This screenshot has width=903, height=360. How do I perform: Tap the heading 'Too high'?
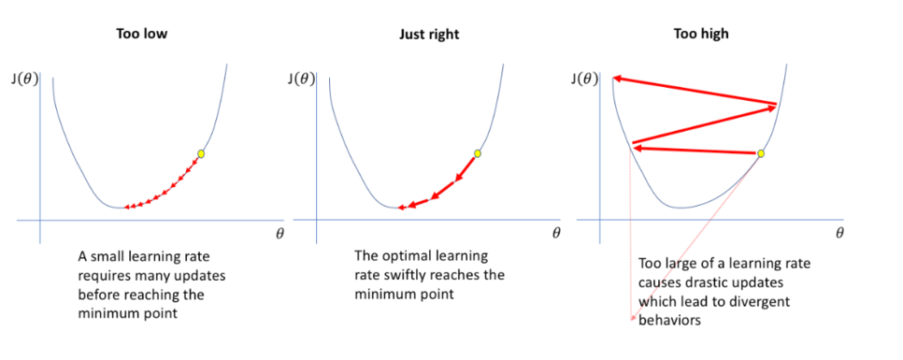(x=701, y=35)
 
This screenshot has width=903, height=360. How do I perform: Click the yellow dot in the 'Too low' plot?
(x=200, y=153)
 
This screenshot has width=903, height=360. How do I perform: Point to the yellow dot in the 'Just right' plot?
(x=478, y=153)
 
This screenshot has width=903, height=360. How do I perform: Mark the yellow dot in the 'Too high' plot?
(x=761, y=152)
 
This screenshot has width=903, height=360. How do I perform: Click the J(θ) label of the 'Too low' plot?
(x=21, y=78)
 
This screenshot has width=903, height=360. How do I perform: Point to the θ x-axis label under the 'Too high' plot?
(x=838, y=234)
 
